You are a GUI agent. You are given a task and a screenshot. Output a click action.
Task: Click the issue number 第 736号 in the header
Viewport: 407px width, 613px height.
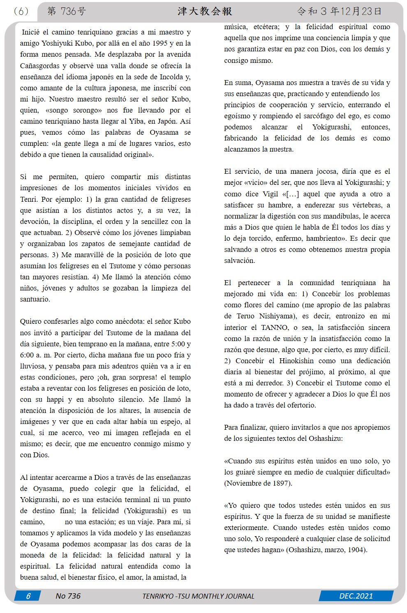coord(67,12)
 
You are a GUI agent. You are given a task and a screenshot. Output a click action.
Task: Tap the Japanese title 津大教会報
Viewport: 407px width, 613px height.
coord(205,12)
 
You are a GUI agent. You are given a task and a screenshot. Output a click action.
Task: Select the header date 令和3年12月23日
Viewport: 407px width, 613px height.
coord(339,12)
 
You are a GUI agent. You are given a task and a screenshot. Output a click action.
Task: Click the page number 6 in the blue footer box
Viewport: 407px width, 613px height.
coord(28,596)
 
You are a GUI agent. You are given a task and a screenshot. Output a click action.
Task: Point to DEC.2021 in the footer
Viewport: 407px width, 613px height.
coord(356,596)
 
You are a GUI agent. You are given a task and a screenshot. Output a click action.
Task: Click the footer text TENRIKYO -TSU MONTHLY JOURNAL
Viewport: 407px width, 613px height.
coord(198,596)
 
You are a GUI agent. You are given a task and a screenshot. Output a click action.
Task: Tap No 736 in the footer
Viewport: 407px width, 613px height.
coord(68,596)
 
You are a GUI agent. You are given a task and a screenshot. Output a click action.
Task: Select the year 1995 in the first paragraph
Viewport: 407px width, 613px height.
coord(160,43)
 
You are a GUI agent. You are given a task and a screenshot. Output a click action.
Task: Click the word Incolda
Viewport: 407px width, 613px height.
coord(171,77)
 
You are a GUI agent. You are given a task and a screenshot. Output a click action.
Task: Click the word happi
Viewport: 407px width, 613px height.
coord(55,399)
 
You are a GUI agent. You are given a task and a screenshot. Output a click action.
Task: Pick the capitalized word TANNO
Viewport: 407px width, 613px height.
coord(275,327)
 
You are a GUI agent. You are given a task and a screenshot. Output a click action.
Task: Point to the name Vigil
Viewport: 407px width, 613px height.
coord(270,194)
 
